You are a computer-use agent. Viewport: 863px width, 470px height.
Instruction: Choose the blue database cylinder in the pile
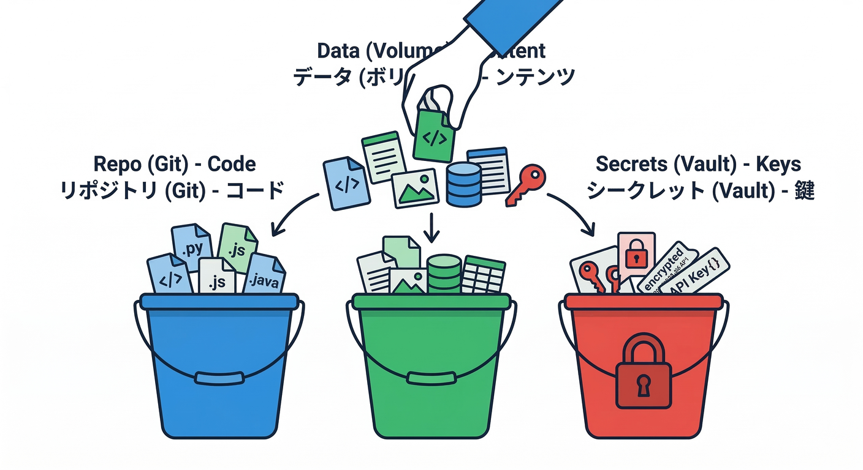463,184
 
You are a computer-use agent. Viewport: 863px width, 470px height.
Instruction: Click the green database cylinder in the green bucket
444,274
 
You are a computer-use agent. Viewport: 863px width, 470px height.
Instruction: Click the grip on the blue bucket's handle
219,378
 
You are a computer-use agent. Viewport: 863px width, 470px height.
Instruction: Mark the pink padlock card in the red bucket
636,254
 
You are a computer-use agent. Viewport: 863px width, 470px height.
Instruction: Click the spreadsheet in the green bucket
484,274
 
